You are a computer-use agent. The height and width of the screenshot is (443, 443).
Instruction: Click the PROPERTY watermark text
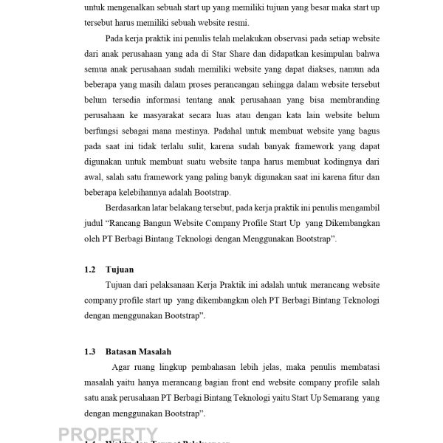(108, 434)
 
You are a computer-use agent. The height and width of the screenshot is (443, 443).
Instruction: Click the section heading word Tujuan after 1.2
(119, 270)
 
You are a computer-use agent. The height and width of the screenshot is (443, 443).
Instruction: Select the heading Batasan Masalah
(139, 351)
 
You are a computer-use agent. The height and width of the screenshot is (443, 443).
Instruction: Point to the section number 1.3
(90, 351)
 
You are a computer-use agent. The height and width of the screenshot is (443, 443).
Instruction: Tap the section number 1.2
(90, 270)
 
